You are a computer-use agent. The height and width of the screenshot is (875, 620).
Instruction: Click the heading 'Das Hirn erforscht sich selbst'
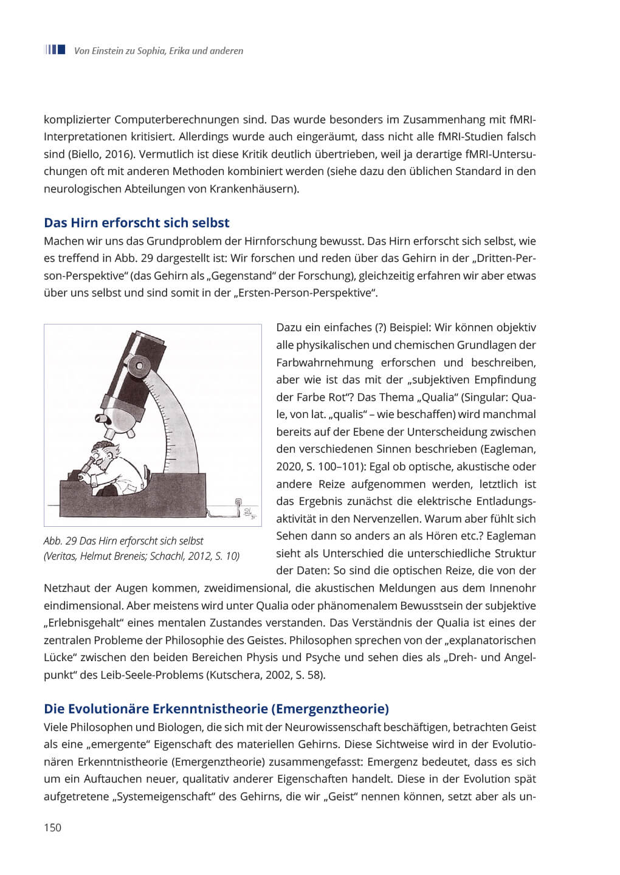coord(137,222)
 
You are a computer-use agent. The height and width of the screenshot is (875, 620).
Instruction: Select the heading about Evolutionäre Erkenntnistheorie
coord(216,709)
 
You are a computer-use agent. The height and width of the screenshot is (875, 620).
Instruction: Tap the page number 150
coord(52,827)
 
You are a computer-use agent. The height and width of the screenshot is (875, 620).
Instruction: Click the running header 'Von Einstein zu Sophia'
coord(158,51)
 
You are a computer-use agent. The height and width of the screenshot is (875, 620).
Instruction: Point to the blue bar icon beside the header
coord(55,50)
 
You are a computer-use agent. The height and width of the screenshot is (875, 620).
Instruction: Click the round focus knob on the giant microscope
coord(140,365)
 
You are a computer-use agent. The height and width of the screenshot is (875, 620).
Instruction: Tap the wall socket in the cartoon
coord(238,502)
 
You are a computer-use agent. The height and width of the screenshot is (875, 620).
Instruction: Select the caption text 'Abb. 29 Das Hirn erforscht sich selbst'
coord(123,541)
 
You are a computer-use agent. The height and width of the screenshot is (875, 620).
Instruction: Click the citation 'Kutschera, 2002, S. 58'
coord(266,674)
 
